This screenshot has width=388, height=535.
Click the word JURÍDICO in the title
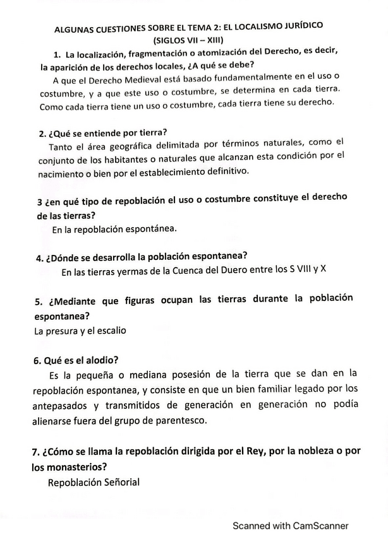point(300,26)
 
